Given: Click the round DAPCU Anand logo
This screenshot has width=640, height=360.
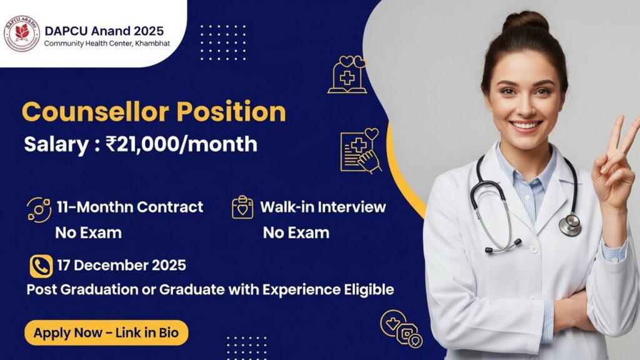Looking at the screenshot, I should coord(22,34).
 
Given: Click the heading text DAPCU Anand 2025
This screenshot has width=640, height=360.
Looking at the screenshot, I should coord(104,30).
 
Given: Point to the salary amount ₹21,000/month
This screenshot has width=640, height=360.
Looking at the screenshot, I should coord(182,144).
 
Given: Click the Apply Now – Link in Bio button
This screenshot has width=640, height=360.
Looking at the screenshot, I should coord(106,333).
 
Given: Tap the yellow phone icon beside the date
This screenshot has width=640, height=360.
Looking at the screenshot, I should coord(41,266).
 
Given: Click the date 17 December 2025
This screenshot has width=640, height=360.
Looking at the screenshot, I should coord(121,265).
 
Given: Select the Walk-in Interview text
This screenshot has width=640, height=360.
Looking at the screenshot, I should coord(322,206).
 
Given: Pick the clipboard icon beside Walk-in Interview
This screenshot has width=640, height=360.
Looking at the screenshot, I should coord(242,207).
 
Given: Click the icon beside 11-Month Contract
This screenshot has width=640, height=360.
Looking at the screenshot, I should coord(39,209).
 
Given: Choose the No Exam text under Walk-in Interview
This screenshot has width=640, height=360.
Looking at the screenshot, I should coord(296,233).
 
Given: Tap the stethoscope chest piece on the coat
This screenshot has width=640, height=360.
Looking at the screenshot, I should coord(569,224).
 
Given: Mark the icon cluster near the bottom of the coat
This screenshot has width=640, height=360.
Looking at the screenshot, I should coord(402,329).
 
